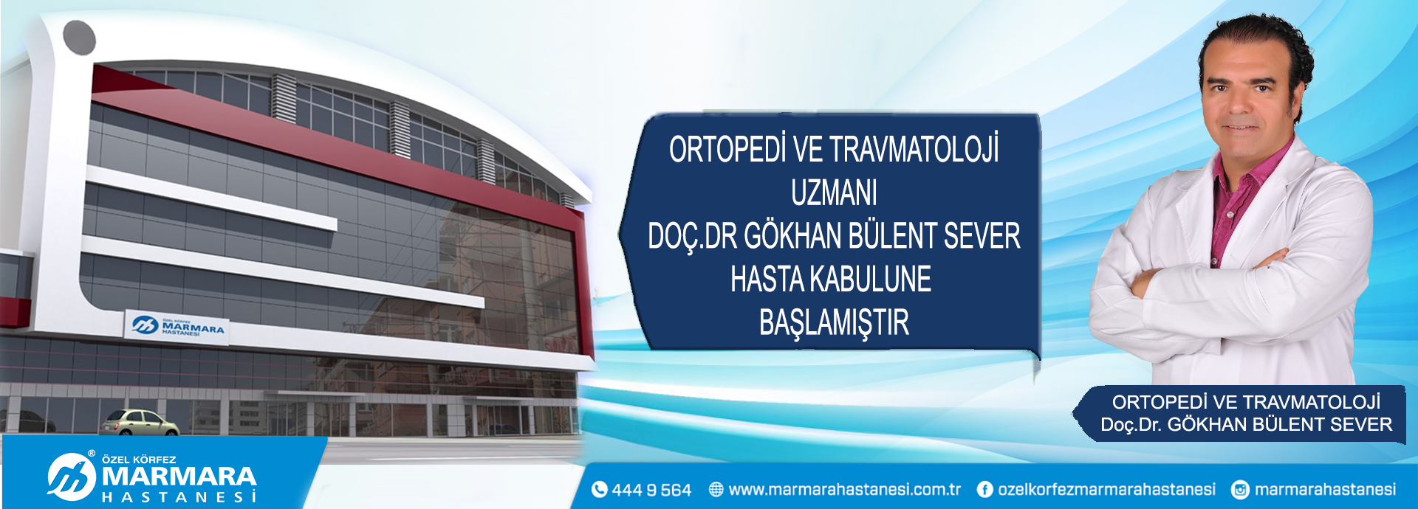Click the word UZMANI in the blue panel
point(834,193)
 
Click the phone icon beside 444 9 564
point(599,489)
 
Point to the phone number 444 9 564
point(651,490)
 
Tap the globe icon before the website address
point(716,489)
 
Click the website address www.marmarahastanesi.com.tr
point(845,489)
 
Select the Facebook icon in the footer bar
point(984,489)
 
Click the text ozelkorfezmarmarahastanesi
point(1106,489)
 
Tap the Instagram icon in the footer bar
point(1241,489)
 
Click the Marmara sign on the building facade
point(177,327)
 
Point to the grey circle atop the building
point(79,38)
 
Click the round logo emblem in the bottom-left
point(72,477)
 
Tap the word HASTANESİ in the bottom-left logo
point(179,497)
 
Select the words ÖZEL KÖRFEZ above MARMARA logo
point(139,460)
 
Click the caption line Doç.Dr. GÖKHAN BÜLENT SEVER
point(1246,425)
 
